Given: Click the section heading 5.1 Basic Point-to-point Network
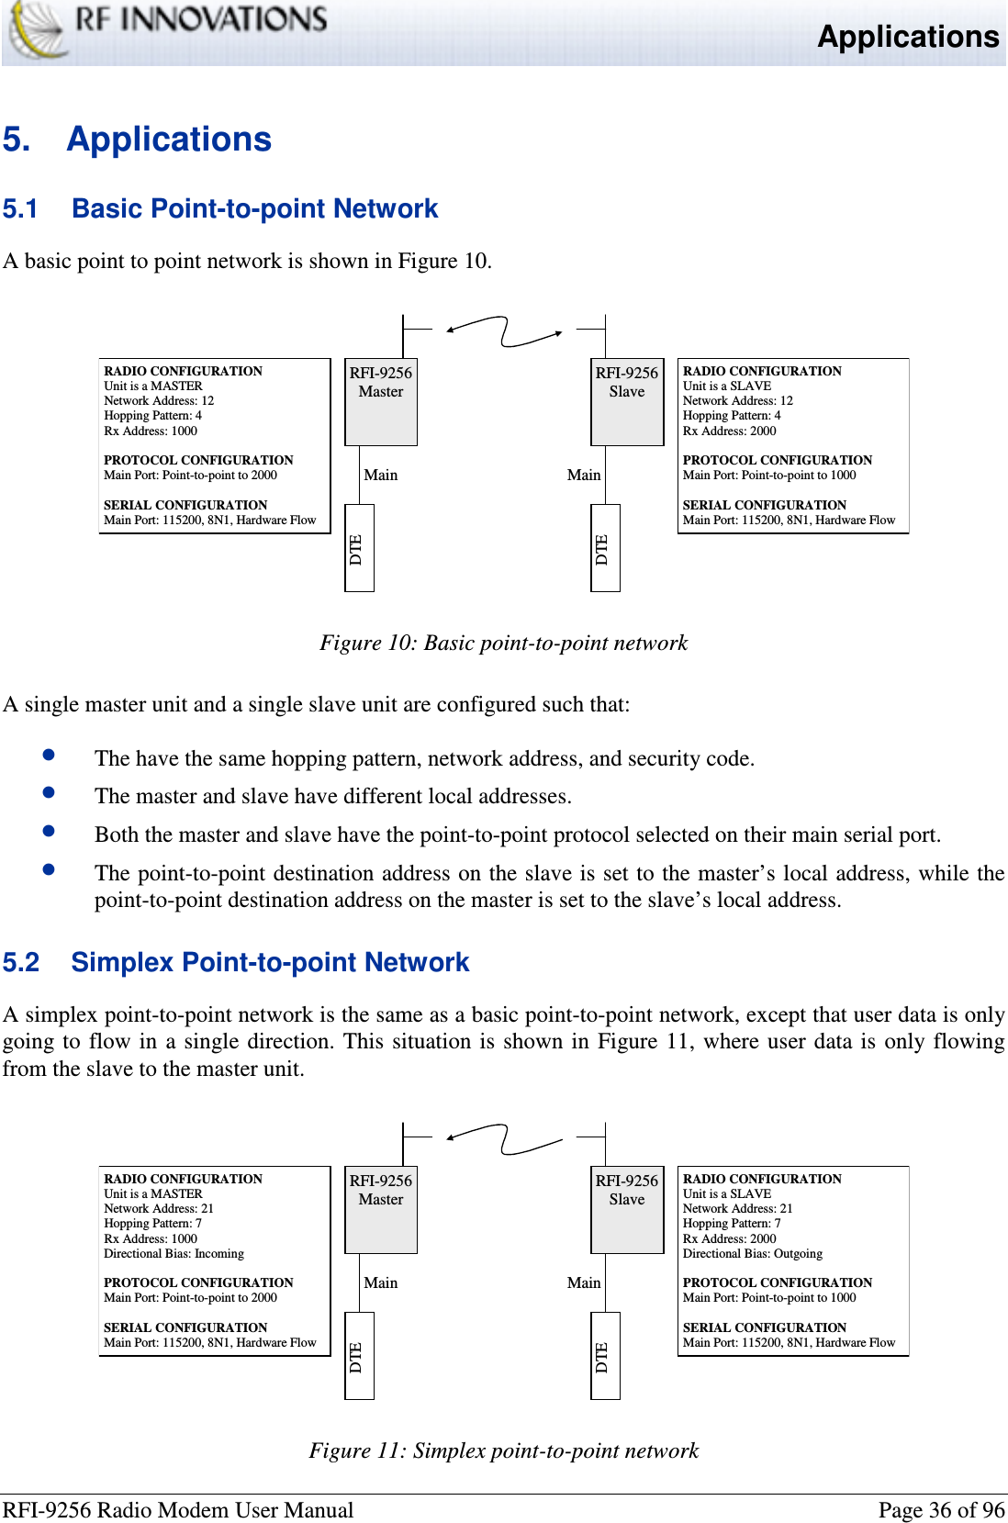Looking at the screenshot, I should tap(220, 208).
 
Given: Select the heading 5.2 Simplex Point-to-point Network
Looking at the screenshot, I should tap(236, 962).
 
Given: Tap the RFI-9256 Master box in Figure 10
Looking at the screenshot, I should tap(381, 401).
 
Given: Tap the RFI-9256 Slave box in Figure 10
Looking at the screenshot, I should tap(627, 401).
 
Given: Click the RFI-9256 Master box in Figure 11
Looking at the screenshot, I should tap(381, 1209).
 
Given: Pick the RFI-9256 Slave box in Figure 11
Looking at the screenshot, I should tap(627, 1209).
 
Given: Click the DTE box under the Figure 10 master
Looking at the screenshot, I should tap(359, 548).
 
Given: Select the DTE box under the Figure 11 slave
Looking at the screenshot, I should tap(605, 1356).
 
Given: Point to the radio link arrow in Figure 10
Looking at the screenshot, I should tap(504, 331).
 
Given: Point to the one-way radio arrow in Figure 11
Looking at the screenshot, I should tap(504, 1139).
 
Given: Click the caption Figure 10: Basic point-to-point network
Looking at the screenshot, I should tap(503, 643).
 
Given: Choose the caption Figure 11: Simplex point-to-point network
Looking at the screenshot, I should tap(503, 1450).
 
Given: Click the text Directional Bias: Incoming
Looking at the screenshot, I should tap(174, 1253).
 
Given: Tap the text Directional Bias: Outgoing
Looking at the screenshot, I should tap(752, 1253).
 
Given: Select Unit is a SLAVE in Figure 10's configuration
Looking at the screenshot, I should tap(726, 386).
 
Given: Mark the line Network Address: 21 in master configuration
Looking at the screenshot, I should tap(159, 1208).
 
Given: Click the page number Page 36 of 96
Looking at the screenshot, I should tap(941, 1510).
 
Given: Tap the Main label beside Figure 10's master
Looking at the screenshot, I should tap(380, 475).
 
